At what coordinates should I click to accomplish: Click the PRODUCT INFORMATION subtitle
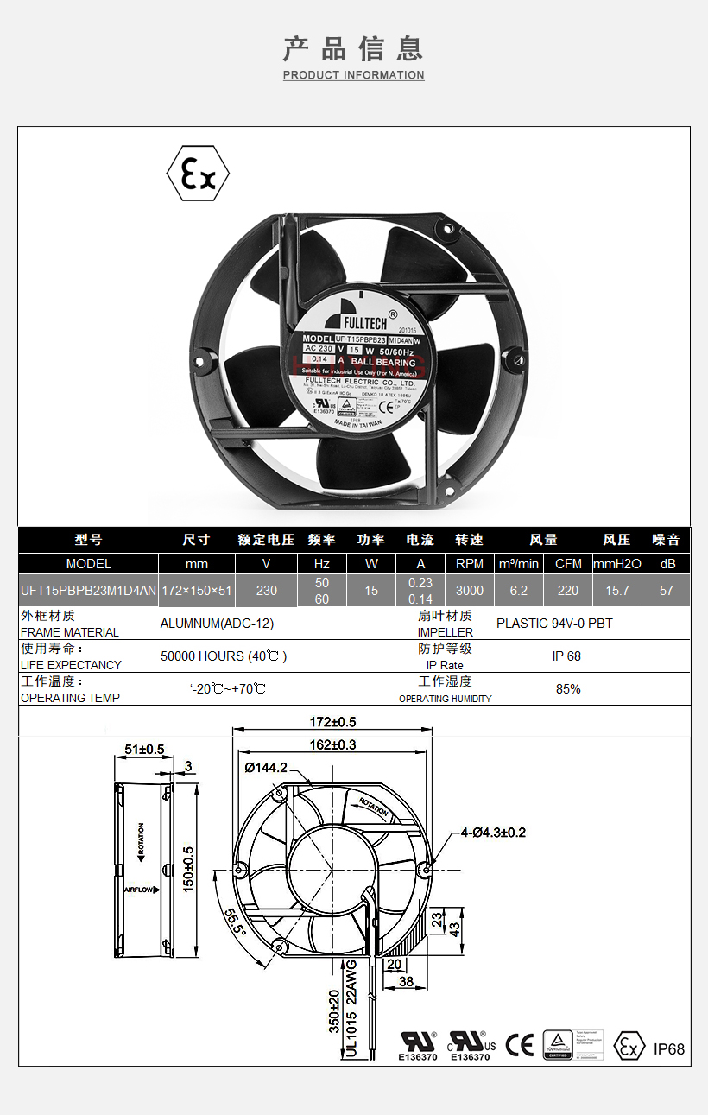pos(353,75)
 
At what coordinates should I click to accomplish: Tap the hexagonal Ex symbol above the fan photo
pos(198,174)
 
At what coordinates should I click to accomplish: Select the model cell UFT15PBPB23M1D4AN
pos(88,591)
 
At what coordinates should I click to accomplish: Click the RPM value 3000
pos(469,591)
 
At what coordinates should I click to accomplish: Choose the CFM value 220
pos(567,591)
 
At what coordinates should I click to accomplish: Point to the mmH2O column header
pos(616,564)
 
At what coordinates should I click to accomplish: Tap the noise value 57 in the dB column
pos(666,591)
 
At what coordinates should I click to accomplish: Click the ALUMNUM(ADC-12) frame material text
pos(217,624)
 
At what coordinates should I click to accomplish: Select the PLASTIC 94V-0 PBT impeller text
pos(554,624)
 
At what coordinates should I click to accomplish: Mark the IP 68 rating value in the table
pos(566,656)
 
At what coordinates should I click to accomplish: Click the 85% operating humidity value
pos(568,689)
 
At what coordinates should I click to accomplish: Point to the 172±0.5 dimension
pos(333,722)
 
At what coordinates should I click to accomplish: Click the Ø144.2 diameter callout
pos(266,767)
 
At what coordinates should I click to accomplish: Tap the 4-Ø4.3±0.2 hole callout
pos(493,833)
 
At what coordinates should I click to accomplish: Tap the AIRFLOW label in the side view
pos(139,889)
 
